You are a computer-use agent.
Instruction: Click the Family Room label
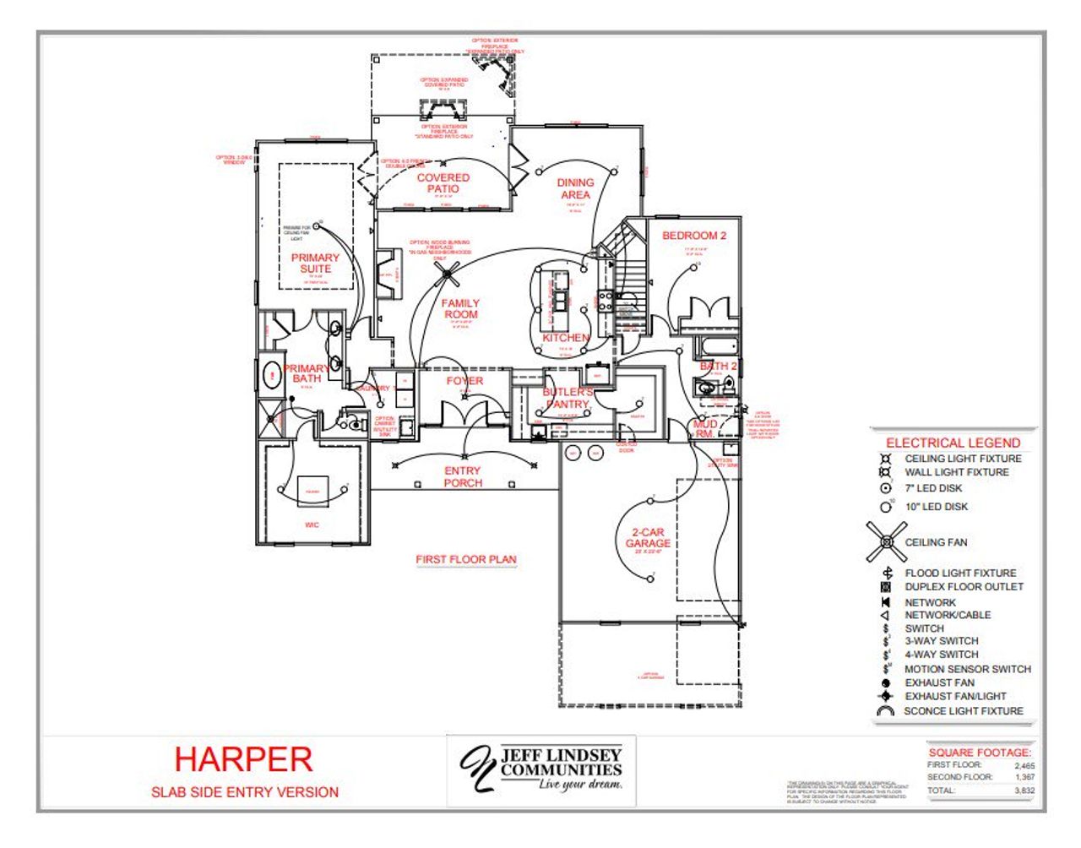coord(460,309)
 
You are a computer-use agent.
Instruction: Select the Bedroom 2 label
coord(693,236)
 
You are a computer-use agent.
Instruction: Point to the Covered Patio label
coord(443,183)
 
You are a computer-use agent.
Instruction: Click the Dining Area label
coord(575,188)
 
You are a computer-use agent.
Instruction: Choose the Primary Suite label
coord(315,264)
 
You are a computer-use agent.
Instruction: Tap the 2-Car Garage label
coord(648,538)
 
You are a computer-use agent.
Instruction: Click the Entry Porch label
coord(463,477)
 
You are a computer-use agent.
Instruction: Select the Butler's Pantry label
coord(568,398)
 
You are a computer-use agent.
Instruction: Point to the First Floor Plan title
coord(465,559)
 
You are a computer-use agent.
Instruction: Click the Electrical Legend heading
coord(953,443)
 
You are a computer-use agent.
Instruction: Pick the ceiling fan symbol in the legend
coord(886,542)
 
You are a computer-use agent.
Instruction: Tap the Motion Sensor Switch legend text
coord(967,669)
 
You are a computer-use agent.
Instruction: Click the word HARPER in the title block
coord(243,759)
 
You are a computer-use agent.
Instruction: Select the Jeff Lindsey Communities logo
coord(541,769)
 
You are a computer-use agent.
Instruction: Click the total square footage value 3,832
coord(1024,791)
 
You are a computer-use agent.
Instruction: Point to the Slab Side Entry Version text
coord(245,792)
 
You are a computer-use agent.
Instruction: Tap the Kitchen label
coord(565,338)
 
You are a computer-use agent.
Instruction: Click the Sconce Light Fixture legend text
coord(963,711)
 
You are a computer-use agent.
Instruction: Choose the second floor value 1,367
coord(1024,777)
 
